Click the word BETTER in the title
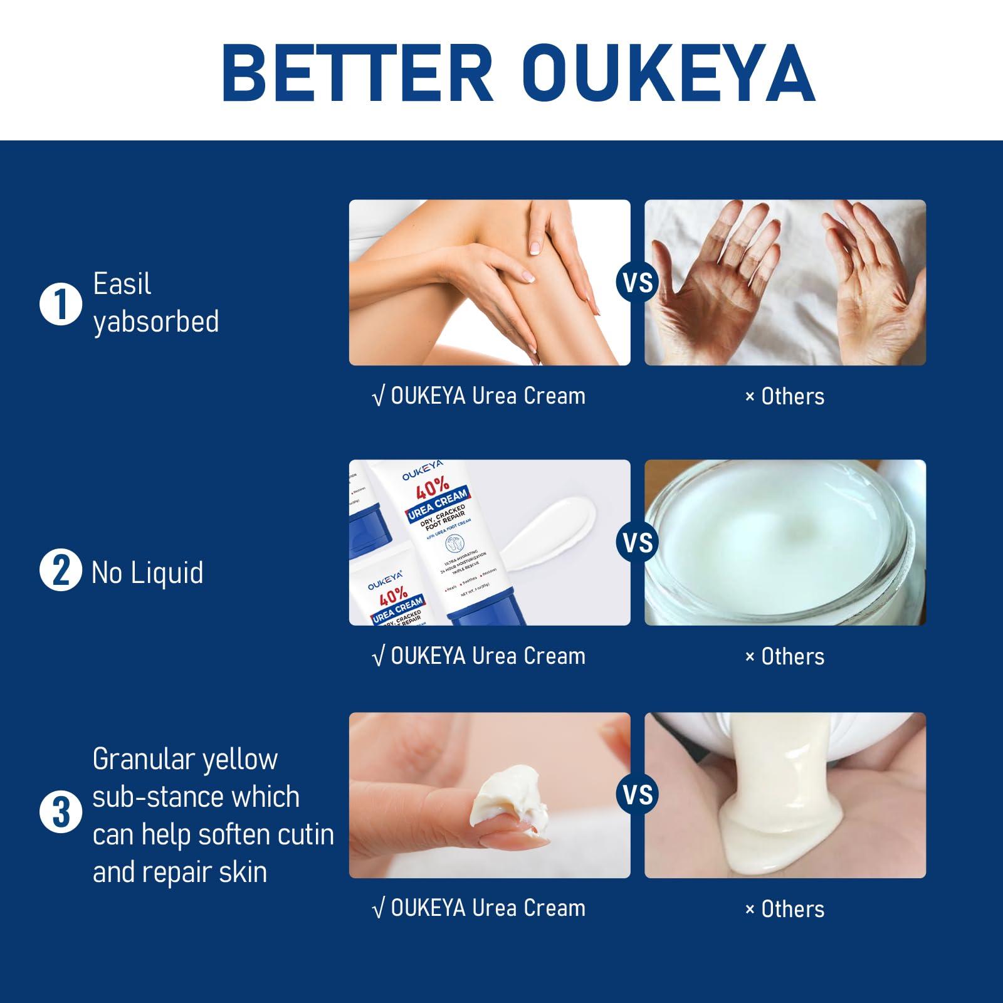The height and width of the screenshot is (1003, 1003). [358, 73]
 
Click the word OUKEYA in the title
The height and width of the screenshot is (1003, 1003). [668, 73]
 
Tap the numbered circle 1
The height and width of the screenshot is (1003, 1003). [60, 304]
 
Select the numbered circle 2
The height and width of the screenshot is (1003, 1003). [60, 570]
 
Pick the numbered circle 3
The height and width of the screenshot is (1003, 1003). [60, 812]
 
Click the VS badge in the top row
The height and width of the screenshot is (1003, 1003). [638, 283]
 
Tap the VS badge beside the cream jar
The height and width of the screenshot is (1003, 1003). [638, 543]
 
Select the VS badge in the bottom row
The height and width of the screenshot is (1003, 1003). [638, 795]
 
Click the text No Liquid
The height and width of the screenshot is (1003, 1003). [147, 573]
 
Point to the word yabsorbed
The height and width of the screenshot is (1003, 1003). [155, 322]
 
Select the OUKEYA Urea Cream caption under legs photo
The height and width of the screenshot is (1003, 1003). [479, 396]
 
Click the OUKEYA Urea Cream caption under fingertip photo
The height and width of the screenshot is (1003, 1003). [479, 908]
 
